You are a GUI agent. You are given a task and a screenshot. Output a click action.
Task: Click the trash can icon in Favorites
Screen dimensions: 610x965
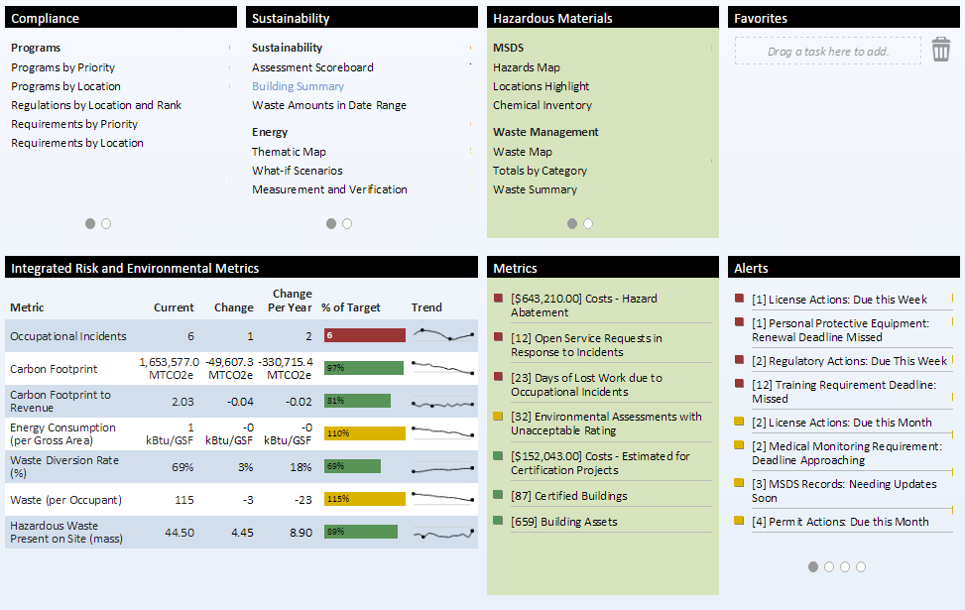[x=940, y=50]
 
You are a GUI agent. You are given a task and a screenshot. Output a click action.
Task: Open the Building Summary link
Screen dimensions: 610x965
[x=298, y=86]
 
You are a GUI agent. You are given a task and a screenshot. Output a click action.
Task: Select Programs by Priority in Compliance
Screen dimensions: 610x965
[x=62, y=67]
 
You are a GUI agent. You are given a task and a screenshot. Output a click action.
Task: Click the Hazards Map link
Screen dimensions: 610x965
[x=526, y=67]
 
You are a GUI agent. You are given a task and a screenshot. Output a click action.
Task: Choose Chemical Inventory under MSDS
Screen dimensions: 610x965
[x=542, y=105]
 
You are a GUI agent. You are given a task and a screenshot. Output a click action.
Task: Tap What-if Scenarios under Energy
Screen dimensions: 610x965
[x=297, y=171]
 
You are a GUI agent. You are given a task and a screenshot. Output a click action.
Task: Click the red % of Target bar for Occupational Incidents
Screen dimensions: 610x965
[x=365, y=335]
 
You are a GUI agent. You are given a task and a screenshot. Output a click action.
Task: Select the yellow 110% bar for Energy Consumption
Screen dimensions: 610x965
[x=365, y=433]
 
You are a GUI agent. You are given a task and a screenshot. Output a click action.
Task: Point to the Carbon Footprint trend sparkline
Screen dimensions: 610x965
[x=442, y=368]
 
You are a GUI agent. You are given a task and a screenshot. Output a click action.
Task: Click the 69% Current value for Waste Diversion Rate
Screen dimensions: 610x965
[x=182, y=466]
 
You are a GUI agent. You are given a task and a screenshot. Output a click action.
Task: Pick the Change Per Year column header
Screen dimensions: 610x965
[x=292, y=301]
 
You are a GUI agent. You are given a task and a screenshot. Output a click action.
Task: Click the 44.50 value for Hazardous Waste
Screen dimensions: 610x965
[x=179, y=532]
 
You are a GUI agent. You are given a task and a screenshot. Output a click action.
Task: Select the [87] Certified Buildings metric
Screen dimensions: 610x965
[x=568, y=496]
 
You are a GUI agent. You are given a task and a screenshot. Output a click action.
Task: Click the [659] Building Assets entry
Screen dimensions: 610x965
[x=563, y=522]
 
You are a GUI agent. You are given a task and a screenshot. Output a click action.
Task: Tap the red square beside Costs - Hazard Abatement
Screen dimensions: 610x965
[x=498, y=299]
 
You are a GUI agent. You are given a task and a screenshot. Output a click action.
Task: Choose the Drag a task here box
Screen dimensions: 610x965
[x=828, y=52]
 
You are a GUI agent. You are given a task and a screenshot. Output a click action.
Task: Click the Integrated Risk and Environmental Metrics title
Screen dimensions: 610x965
[x=135, y=268]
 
